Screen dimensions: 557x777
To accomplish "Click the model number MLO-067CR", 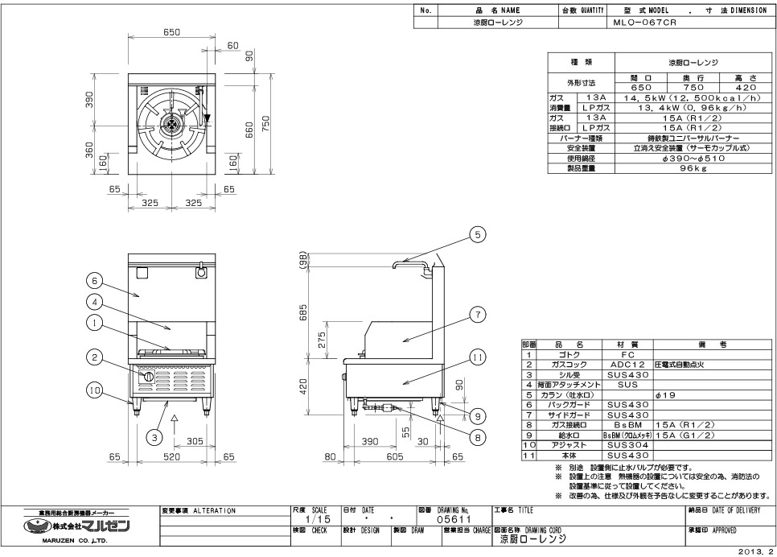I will click(x=643, y=23).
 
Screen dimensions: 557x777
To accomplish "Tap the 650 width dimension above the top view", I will click(x=171, y=32).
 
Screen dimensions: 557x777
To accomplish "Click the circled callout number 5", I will click(x=477, y=235).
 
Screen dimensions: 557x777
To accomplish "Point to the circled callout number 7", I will click(x=477, y=314).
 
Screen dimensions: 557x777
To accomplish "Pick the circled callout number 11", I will click(x=477, y=356).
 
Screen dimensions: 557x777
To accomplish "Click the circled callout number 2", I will click(x=95, y=358).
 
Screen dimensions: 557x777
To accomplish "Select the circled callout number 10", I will click(x=95, y=390).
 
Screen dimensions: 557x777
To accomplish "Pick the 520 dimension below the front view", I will click(x=172, y=456).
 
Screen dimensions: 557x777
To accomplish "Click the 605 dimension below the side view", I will click(x=393, y=456).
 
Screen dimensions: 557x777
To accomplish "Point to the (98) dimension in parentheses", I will click(x=303, y=261).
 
